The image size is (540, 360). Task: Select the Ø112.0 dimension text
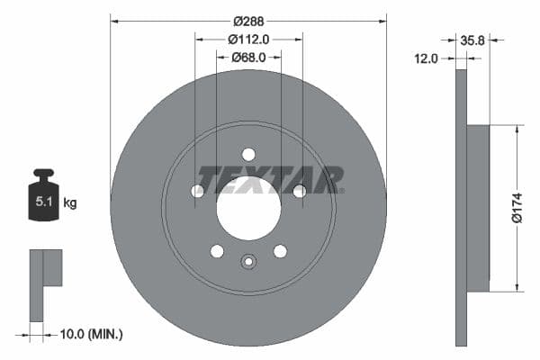click(x=248, y=40)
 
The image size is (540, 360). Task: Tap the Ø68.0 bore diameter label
click(x=248, y=58)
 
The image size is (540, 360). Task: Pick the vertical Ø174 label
click(x=517, y=208)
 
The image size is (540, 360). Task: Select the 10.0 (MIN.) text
click(x=90, y=334)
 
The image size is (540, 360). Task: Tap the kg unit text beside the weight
click(x=70, y=203)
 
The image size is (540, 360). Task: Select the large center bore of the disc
click(x=248, y=214)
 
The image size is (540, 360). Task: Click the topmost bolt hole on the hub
click(x=248, y=154)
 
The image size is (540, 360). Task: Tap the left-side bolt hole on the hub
click(x=197, y=191)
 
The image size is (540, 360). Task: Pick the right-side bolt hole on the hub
click(x=300, y=191)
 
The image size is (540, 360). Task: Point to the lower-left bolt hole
click(x=217, y=251)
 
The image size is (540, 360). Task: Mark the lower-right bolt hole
click(x=280, y=251)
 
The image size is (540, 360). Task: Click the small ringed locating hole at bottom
click(x=248, y=262)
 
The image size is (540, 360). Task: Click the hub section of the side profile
click(x=478, y=209)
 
